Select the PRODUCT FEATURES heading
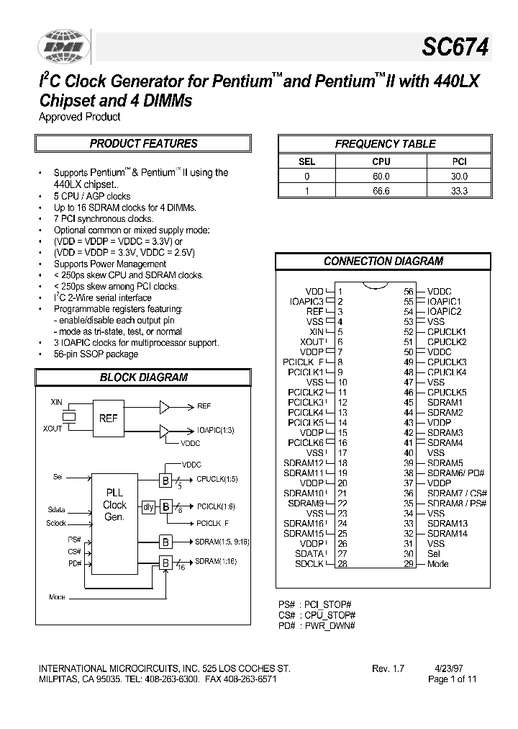pyautogui.click(x=143, y=143)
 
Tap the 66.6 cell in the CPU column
pyautogui.click(x=381, y=191)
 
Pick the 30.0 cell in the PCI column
pyautogui.click(x=458, y=176)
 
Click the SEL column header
pyautogui.click(x=306, y=162)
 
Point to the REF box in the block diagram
pyautogui.click(x=108, y=419)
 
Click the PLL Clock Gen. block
pyautogui.click(x=114, y=505)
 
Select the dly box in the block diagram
pyautogui.click(x=148, y=507)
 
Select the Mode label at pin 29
pyautogui.click(x=438, y=563)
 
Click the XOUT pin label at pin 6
pyautogui.click(x=312, y=341)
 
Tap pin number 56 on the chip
pyautogui.click(x=409, y=291)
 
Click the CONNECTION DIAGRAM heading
pyautogui.click(x=383, y=261)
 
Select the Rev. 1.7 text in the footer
pyautogui.click(x=388, y=668)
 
